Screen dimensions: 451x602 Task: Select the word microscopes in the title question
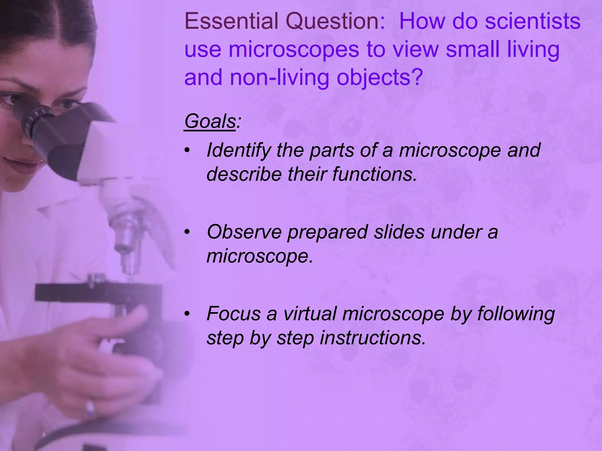pos(294,50)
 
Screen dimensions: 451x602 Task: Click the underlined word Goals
pos(210,121)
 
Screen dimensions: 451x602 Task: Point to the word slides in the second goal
pos(399,232)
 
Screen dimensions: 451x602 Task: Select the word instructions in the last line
pos(373,338)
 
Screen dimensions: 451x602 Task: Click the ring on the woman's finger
pos(90,408)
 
